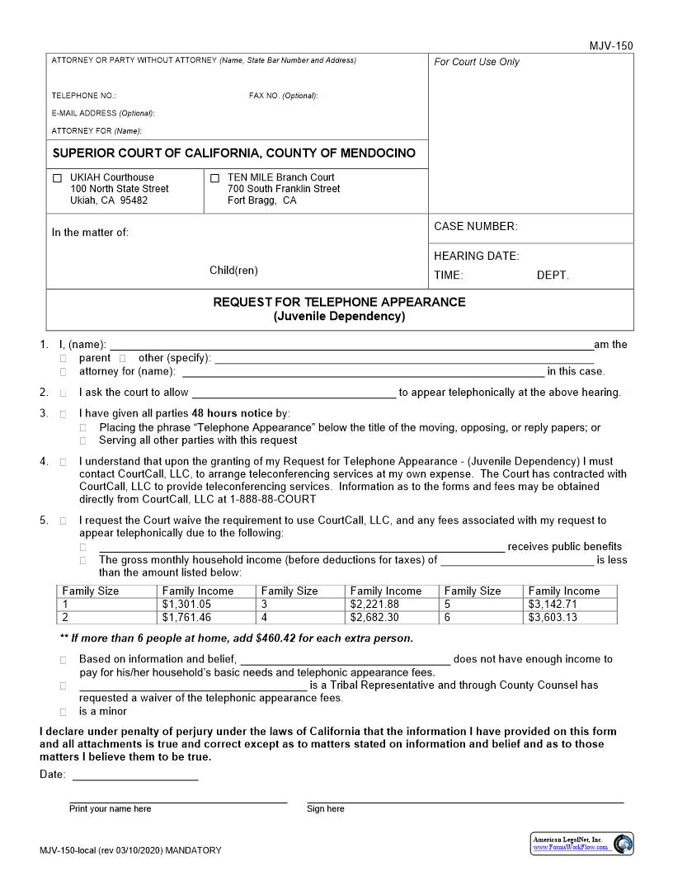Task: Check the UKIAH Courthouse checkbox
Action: [57, 177]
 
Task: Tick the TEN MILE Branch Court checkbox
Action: [215, 177]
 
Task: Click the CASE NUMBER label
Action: [476, 227]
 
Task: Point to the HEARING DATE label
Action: [477, 257]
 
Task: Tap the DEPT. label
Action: [553, 275]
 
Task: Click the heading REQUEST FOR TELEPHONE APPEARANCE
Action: [339, 302]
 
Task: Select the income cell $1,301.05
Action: [186, 605]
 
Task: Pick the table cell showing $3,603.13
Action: [553, 618]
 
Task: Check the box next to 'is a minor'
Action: [64, 711]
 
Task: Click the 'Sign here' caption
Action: [326, 809]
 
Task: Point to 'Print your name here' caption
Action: [111, 809]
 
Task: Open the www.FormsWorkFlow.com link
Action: [571, 848]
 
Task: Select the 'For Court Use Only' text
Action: [477, 62]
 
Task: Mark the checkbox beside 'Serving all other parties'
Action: [83, 440]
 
